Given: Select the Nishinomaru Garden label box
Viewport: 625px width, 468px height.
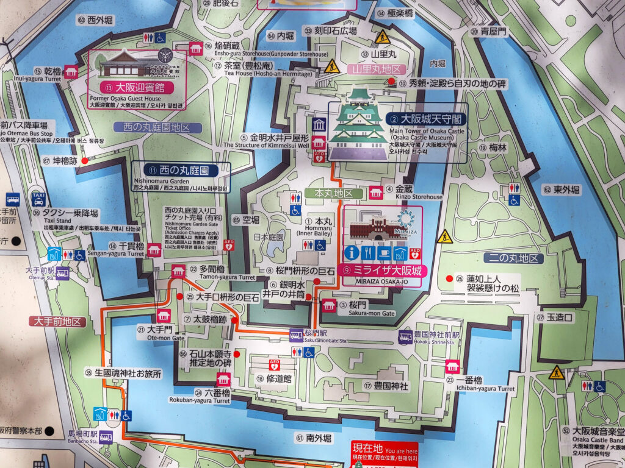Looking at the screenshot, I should (x=181, y=176).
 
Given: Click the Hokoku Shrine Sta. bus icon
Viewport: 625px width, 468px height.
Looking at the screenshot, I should (x=405, y=336).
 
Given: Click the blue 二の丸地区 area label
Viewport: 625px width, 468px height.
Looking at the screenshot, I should (x=513, y=258).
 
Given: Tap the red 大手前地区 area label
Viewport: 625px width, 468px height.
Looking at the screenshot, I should (x=57, y=321).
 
